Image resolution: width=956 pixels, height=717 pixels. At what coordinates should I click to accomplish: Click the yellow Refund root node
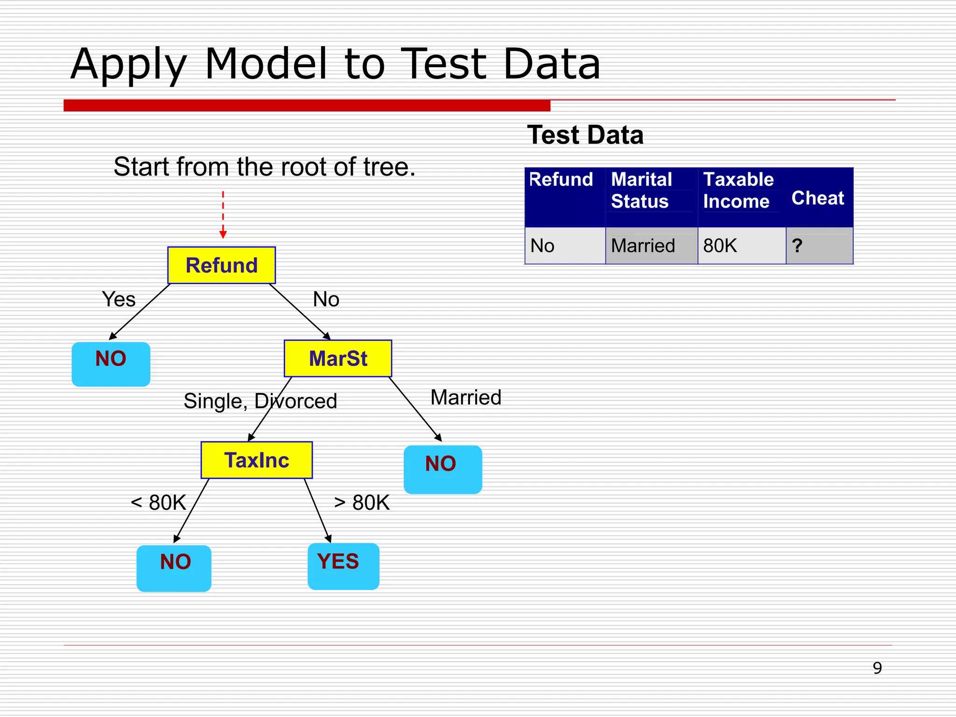pyautogui.click(x=221, y=265)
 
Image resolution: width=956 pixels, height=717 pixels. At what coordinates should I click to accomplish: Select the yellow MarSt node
pyautogui.click(x=338, y=358)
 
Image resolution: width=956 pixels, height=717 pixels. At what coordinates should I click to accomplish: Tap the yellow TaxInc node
pyautogui.click(x=257, y=460)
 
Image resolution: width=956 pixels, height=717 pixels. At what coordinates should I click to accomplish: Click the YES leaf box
pyautogui.click(x=343, y=566)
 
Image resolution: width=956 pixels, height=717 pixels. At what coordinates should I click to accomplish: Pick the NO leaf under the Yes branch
pyautogui.click(x=111, y=364)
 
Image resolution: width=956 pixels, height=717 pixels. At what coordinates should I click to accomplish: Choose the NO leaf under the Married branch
pyautogui.click(x=443, y=469)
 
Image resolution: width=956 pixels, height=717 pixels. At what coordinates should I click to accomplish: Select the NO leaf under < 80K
pyautogui.click(x=174, y=568)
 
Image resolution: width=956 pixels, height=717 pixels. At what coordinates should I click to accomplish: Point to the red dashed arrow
pyautogui.click(x=223, y=215)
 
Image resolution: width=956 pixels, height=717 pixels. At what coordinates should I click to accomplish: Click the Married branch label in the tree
pyautogui.click(x=465, y=398)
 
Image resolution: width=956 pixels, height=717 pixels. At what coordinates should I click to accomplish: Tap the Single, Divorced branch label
pyautogui.click(x=260, y=401)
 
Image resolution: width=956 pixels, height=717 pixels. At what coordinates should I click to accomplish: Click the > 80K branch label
pyautogui.click(x=362, y=503)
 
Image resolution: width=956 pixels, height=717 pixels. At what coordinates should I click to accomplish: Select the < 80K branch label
pyautogui.click(x=158, y=503)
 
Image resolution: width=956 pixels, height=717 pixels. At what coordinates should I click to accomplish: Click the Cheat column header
pyautogui.click(x=818, y=198)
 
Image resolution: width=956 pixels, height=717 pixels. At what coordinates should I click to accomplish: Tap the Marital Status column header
pyautogui.click(x=641, y=190)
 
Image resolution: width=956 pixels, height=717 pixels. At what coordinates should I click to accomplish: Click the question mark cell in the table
pyautogui.click(x=797, y=246)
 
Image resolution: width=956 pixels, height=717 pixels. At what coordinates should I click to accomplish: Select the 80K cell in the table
pyautogui.click(x=720, y=246)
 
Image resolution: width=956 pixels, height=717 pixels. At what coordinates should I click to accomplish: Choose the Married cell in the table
pyautogui.click(x=643, y=246)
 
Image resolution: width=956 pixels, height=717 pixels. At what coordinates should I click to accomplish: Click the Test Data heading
pyautogui.click(x=585, y=135)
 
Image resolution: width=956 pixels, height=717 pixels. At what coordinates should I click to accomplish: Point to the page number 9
pyautogui.click(x=877, y=668)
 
